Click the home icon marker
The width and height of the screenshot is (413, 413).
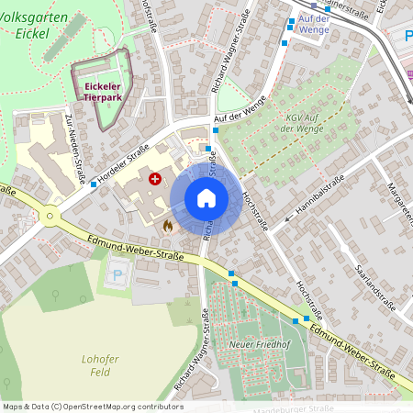coord(206,198)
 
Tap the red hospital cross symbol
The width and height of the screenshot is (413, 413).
coord(155,180)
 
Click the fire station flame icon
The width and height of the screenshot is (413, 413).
coord(167,224)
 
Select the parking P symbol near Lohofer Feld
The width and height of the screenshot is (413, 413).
coord(117,273)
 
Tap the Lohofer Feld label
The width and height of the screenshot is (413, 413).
coord(101,366)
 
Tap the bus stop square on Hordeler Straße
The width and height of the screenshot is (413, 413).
coord(94,184)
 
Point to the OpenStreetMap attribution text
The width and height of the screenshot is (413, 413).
coord(92,406)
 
